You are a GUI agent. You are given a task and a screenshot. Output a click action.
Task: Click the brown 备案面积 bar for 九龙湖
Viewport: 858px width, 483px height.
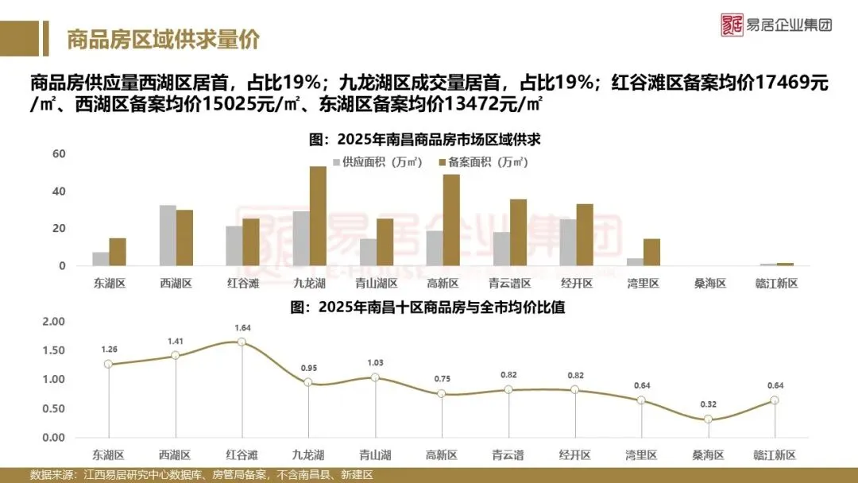(x=318, y=216)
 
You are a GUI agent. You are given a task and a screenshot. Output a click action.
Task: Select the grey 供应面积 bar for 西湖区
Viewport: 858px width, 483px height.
(x=168, y=236)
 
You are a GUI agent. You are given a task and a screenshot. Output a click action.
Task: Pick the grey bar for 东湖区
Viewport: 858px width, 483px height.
(x=101, y=259)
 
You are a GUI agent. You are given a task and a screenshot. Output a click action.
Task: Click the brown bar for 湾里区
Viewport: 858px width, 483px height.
(x=651, y=253)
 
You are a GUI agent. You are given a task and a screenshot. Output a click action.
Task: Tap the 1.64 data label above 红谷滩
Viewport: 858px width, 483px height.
(x=242, y=327)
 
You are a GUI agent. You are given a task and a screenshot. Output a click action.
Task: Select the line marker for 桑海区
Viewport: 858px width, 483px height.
(x=707, y=419)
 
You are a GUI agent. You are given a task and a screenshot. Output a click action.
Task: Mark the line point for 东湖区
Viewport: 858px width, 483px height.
(x=108, y=365)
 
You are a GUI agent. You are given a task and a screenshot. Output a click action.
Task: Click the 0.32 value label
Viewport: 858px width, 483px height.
(x=707, y=404)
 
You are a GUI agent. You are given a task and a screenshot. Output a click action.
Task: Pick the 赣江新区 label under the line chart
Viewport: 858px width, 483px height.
(x=775, y=455)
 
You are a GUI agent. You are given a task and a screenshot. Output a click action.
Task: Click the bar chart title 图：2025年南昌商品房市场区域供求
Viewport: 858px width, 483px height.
(x=428, y=139)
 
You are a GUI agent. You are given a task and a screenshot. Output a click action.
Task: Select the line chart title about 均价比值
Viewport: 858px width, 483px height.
(x=428, y=307)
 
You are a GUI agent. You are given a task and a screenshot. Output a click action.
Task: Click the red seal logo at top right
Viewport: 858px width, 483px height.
(x=732, y=25)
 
